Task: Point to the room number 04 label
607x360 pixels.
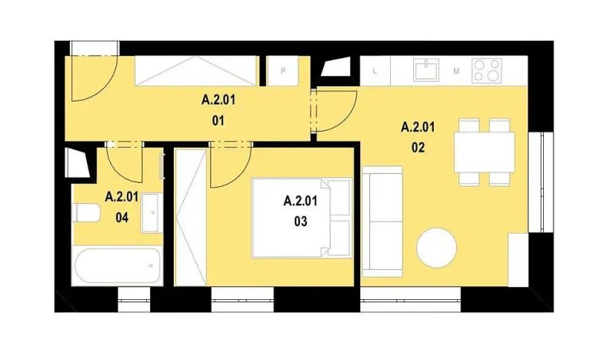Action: point(122,216)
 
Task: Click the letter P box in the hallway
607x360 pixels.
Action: point(284,72)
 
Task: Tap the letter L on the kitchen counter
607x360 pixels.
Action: point(375,72)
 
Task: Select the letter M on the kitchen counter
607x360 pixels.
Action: point(456,72)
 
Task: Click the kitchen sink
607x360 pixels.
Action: point(425,71)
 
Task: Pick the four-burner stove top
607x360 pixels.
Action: point(486,71)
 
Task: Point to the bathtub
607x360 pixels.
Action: point(119,266)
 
